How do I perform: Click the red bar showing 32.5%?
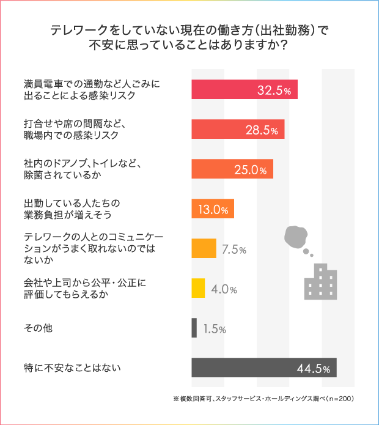coord(244,90)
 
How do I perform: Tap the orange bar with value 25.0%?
coord(232,169)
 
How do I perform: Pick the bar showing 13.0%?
coord(213,209)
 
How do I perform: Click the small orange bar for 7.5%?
coord(204,249)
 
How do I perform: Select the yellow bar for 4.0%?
coord(198,289)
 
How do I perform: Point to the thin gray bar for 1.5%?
coord(194,328)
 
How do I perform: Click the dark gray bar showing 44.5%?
coord(263,368)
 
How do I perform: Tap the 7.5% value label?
coord(234,249)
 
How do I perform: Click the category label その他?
coord(38,328)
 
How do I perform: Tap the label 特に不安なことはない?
coord(72,368)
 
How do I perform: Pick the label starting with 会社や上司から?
coord(82,289)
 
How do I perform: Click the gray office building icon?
coord(321,281)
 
